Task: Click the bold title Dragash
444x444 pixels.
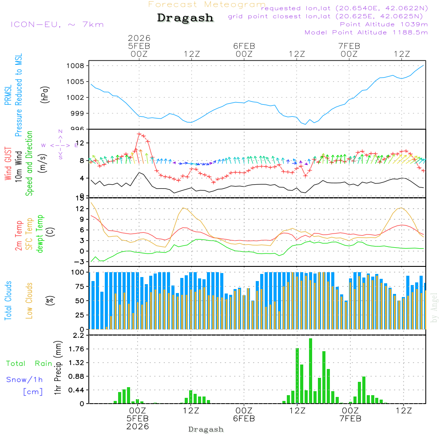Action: coord(185,18)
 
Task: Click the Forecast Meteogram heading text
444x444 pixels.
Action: coord(207,5)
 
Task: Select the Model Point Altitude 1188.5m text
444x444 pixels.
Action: coord(366,32)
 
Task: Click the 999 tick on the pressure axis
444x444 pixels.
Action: coord(78,113)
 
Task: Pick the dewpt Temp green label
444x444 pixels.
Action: coord(40,234)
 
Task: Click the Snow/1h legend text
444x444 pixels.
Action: coord(24,380)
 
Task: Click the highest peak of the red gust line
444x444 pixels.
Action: coord(139,133)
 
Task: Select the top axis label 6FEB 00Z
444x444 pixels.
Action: coord(244,50)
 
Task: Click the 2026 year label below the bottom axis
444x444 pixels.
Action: coord(138,426)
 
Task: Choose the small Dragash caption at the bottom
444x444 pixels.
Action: coord(206,429)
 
